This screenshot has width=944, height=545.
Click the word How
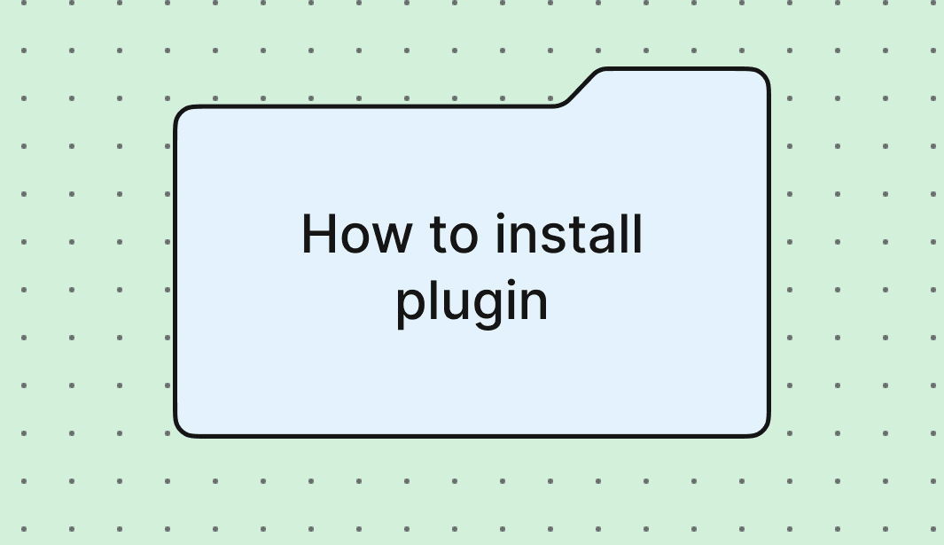356,235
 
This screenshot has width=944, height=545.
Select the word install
569,235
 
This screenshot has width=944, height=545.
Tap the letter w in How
393,240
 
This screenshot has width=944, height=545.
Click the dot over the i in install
500,217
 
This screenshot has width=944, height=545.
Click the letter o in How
358,240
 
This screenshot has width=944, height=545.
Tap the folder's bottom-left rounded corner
181,429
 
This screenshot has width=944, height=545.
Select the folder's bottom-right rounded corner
762,429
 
